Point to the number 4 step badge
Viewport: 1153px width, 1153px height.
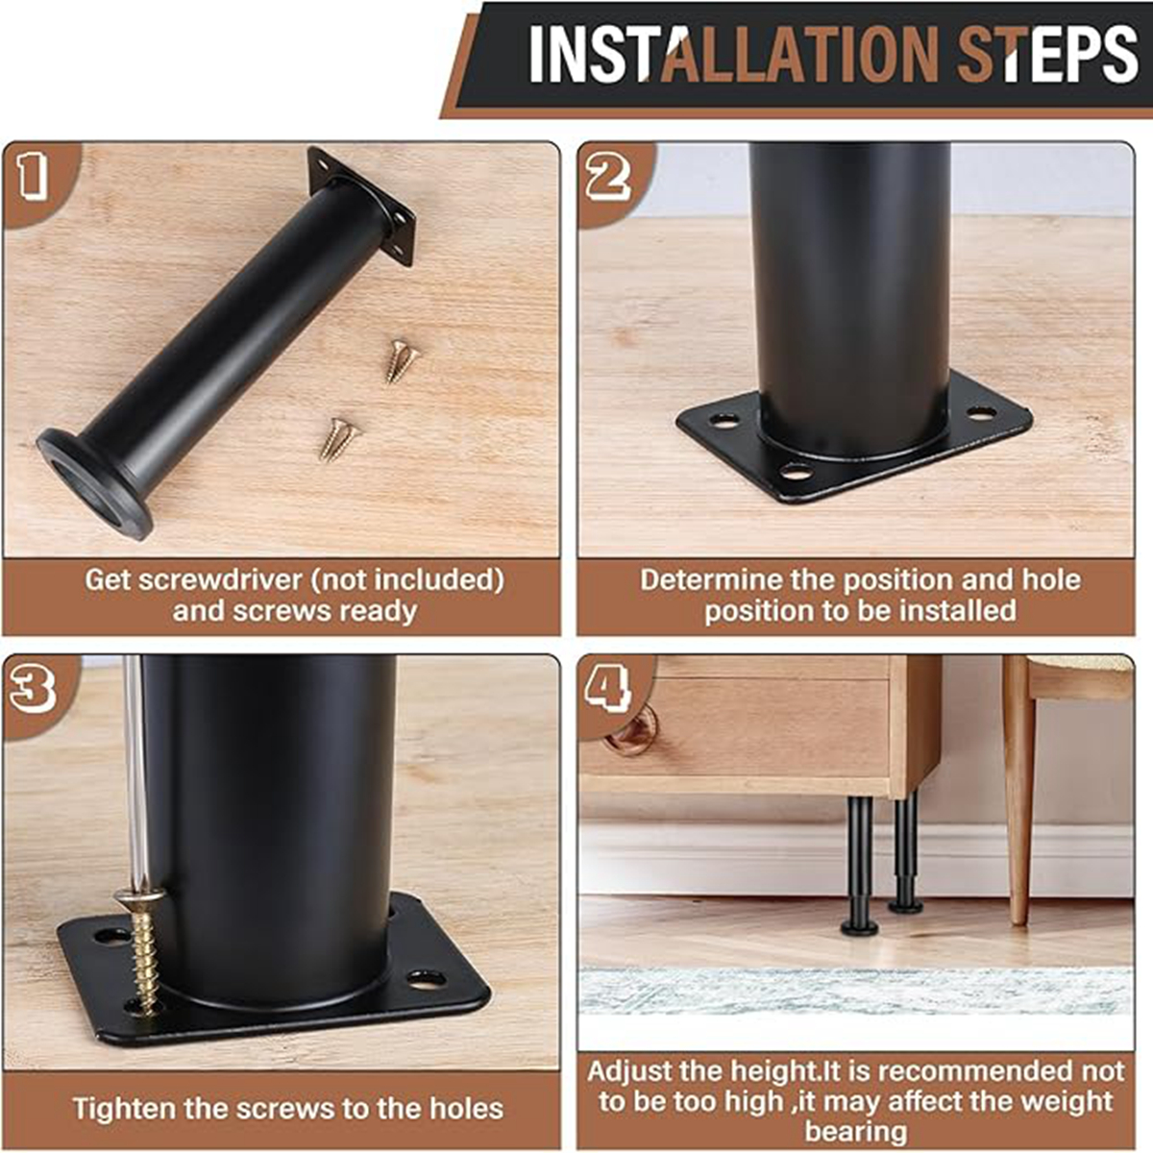tap(608, 687)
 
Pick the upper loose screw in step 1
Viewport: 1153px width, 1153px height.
tap(402, 360)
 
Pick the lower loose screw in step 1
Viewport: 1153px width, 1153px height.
tap(338, 438)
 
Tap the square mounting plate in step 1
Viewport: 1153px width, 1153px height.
tap(363, 205)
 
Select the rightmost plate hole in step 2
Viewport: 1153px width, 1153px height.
tap(980, 414)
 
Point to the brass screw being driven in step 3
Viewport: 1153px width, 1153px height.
tap(143, 951)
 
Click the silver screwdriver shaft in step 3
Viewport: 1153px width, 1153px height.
tap(134, 769)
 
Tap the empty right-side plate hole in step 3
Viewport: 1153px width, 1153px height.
tap(426, 979)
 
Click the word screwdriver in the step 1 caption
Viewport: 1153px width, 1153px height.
tap(222, 580)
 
